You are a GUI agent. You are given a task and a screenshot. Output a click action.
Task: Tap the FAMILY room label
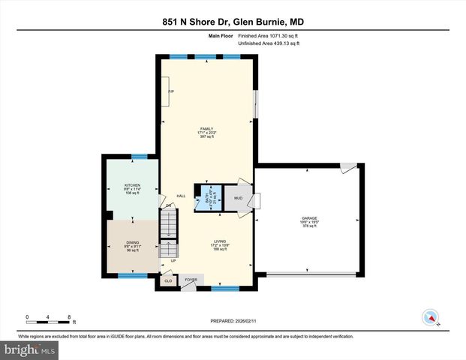[x=206, y=129]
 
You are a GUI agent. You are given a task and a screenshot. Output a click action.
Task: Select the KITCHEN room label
[x=133, y=185]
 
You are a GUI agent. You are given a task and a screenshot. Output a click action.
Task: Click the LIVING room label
[x=219, y=241]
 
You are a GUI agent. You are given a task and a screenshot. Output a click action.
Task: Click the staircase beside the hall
[x=170, y=224]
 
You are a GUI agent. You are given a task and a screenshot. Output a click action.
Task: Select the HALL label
[x=181, y=196]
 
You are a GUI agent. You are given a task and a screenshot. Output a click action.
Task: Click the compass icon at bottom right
[x=430, y=316]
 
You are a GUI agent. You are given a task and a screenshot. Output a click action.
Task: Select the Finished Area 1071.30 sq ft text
[x=269, y=36]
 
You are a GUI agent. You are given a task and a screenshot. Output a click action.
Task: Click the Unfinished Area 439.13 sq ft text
[x=269, y=43]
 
